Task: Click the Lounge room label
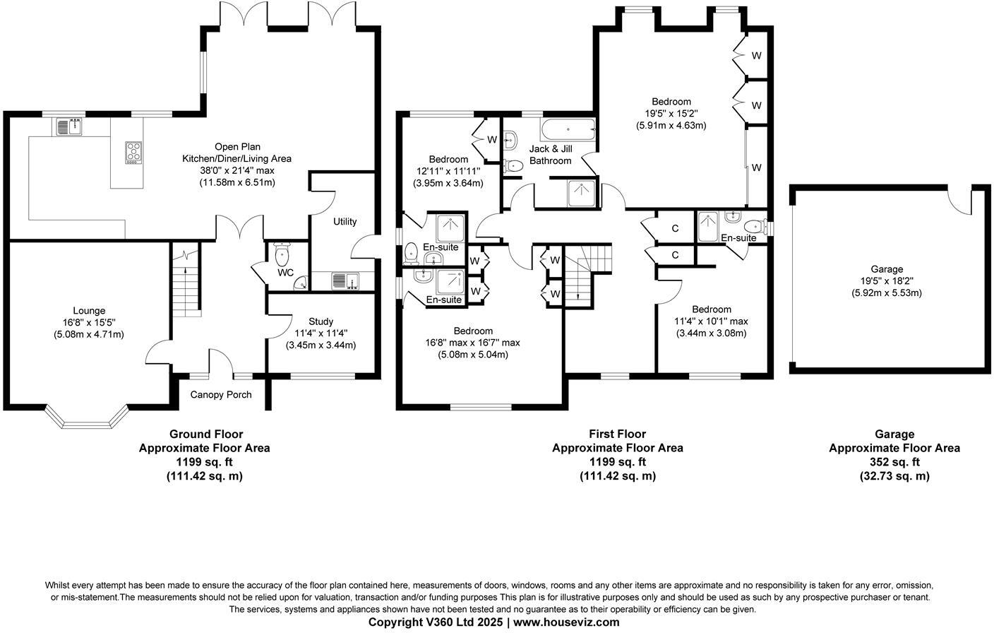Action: pos(89,311)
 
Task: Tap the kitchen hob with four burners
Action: pos(133,153)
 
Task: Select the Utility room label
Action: pos(345,222)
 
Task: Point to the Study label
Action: pos(321,321)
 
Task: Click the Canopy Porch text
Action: pos(221,394)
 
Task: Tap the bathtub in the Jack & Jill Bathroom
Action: pos(568,130)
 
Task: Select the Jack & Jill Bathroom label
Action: pos(551,155)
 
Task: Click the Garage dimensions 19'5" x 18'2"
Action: pos(887,280)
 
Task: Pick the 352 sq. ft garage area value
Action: pos(894,462)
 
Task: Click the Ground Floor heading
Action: pos(205,434)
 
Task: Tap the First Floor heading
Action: pos(617,434)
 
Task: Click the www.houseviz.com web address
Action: pos(566,622)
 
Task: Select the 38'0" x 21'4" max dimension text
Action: pos(236,170)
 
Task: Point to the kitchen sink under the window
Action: pos(69,126)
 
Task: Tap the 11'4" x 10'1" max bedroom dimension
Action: pos(712,321)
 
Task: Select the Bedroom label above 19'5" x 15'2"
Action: pos(671,102)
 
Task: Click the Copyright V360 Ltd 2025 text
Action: pos(436,622)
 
